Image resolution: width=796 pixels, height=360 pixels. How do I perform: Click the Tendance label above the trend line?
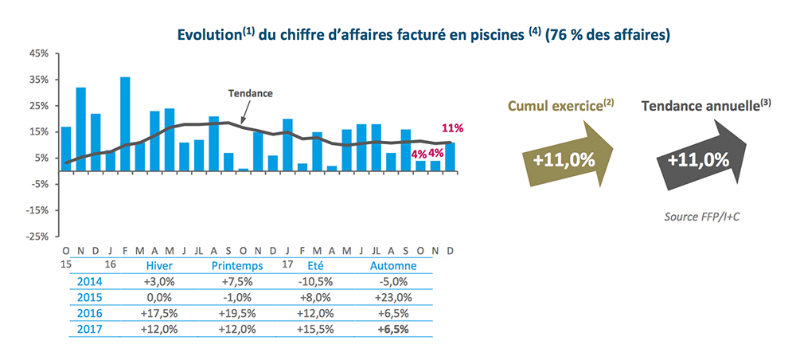click(x=250, y=93)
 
